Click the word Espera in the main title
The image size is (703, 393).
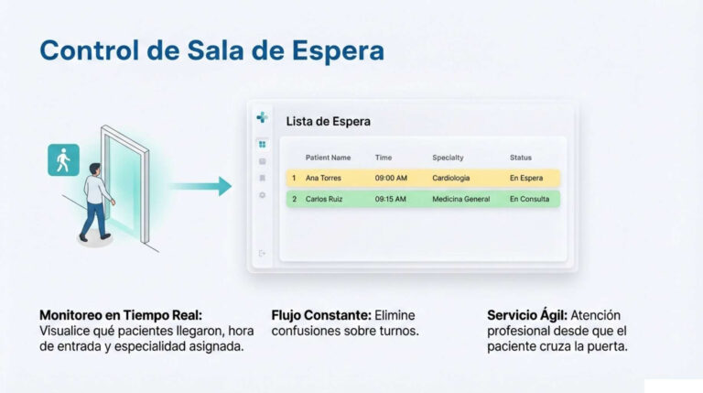[x=339, y=50]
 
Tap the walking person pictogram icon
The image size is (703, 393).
[x=64, y=159]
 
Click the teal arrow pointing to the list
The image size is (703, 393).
[x=200, y=186]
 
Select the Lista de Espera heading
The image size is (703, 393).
[x=329, y=122]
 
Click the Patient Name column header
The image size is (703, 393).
[x=329, y=158]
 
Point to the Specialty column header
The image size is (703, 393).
[x=448, y=158]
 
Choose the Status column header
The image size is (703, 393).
[x=521, y=158]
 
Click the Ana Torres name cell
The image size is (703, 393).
[x=323, y=178]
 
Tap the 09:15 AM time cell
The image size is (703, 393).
[x=391, y=199]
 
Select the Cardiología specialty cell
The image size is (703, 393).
[x=451, y=178]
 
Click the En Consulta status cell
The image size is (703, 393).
[x=529, y=199]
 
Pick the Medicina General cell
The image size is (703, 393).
[x=461, y=199]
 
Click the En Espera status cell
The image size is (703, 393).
[x=526, y=178]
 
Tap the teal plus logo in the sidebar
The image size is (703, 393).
[x=263, y=117]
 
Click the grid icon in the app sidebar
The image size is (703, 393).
[x=263, y=144]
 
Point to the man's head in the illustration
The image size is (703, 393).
[x=94, y=169]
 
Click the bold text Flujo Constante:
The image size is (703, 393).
[x=321, y=315]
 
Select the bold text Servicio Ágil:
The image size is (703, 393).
[x=527, y=315]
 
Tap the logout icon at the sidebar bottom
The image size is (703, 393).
[x=263, y=254]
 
